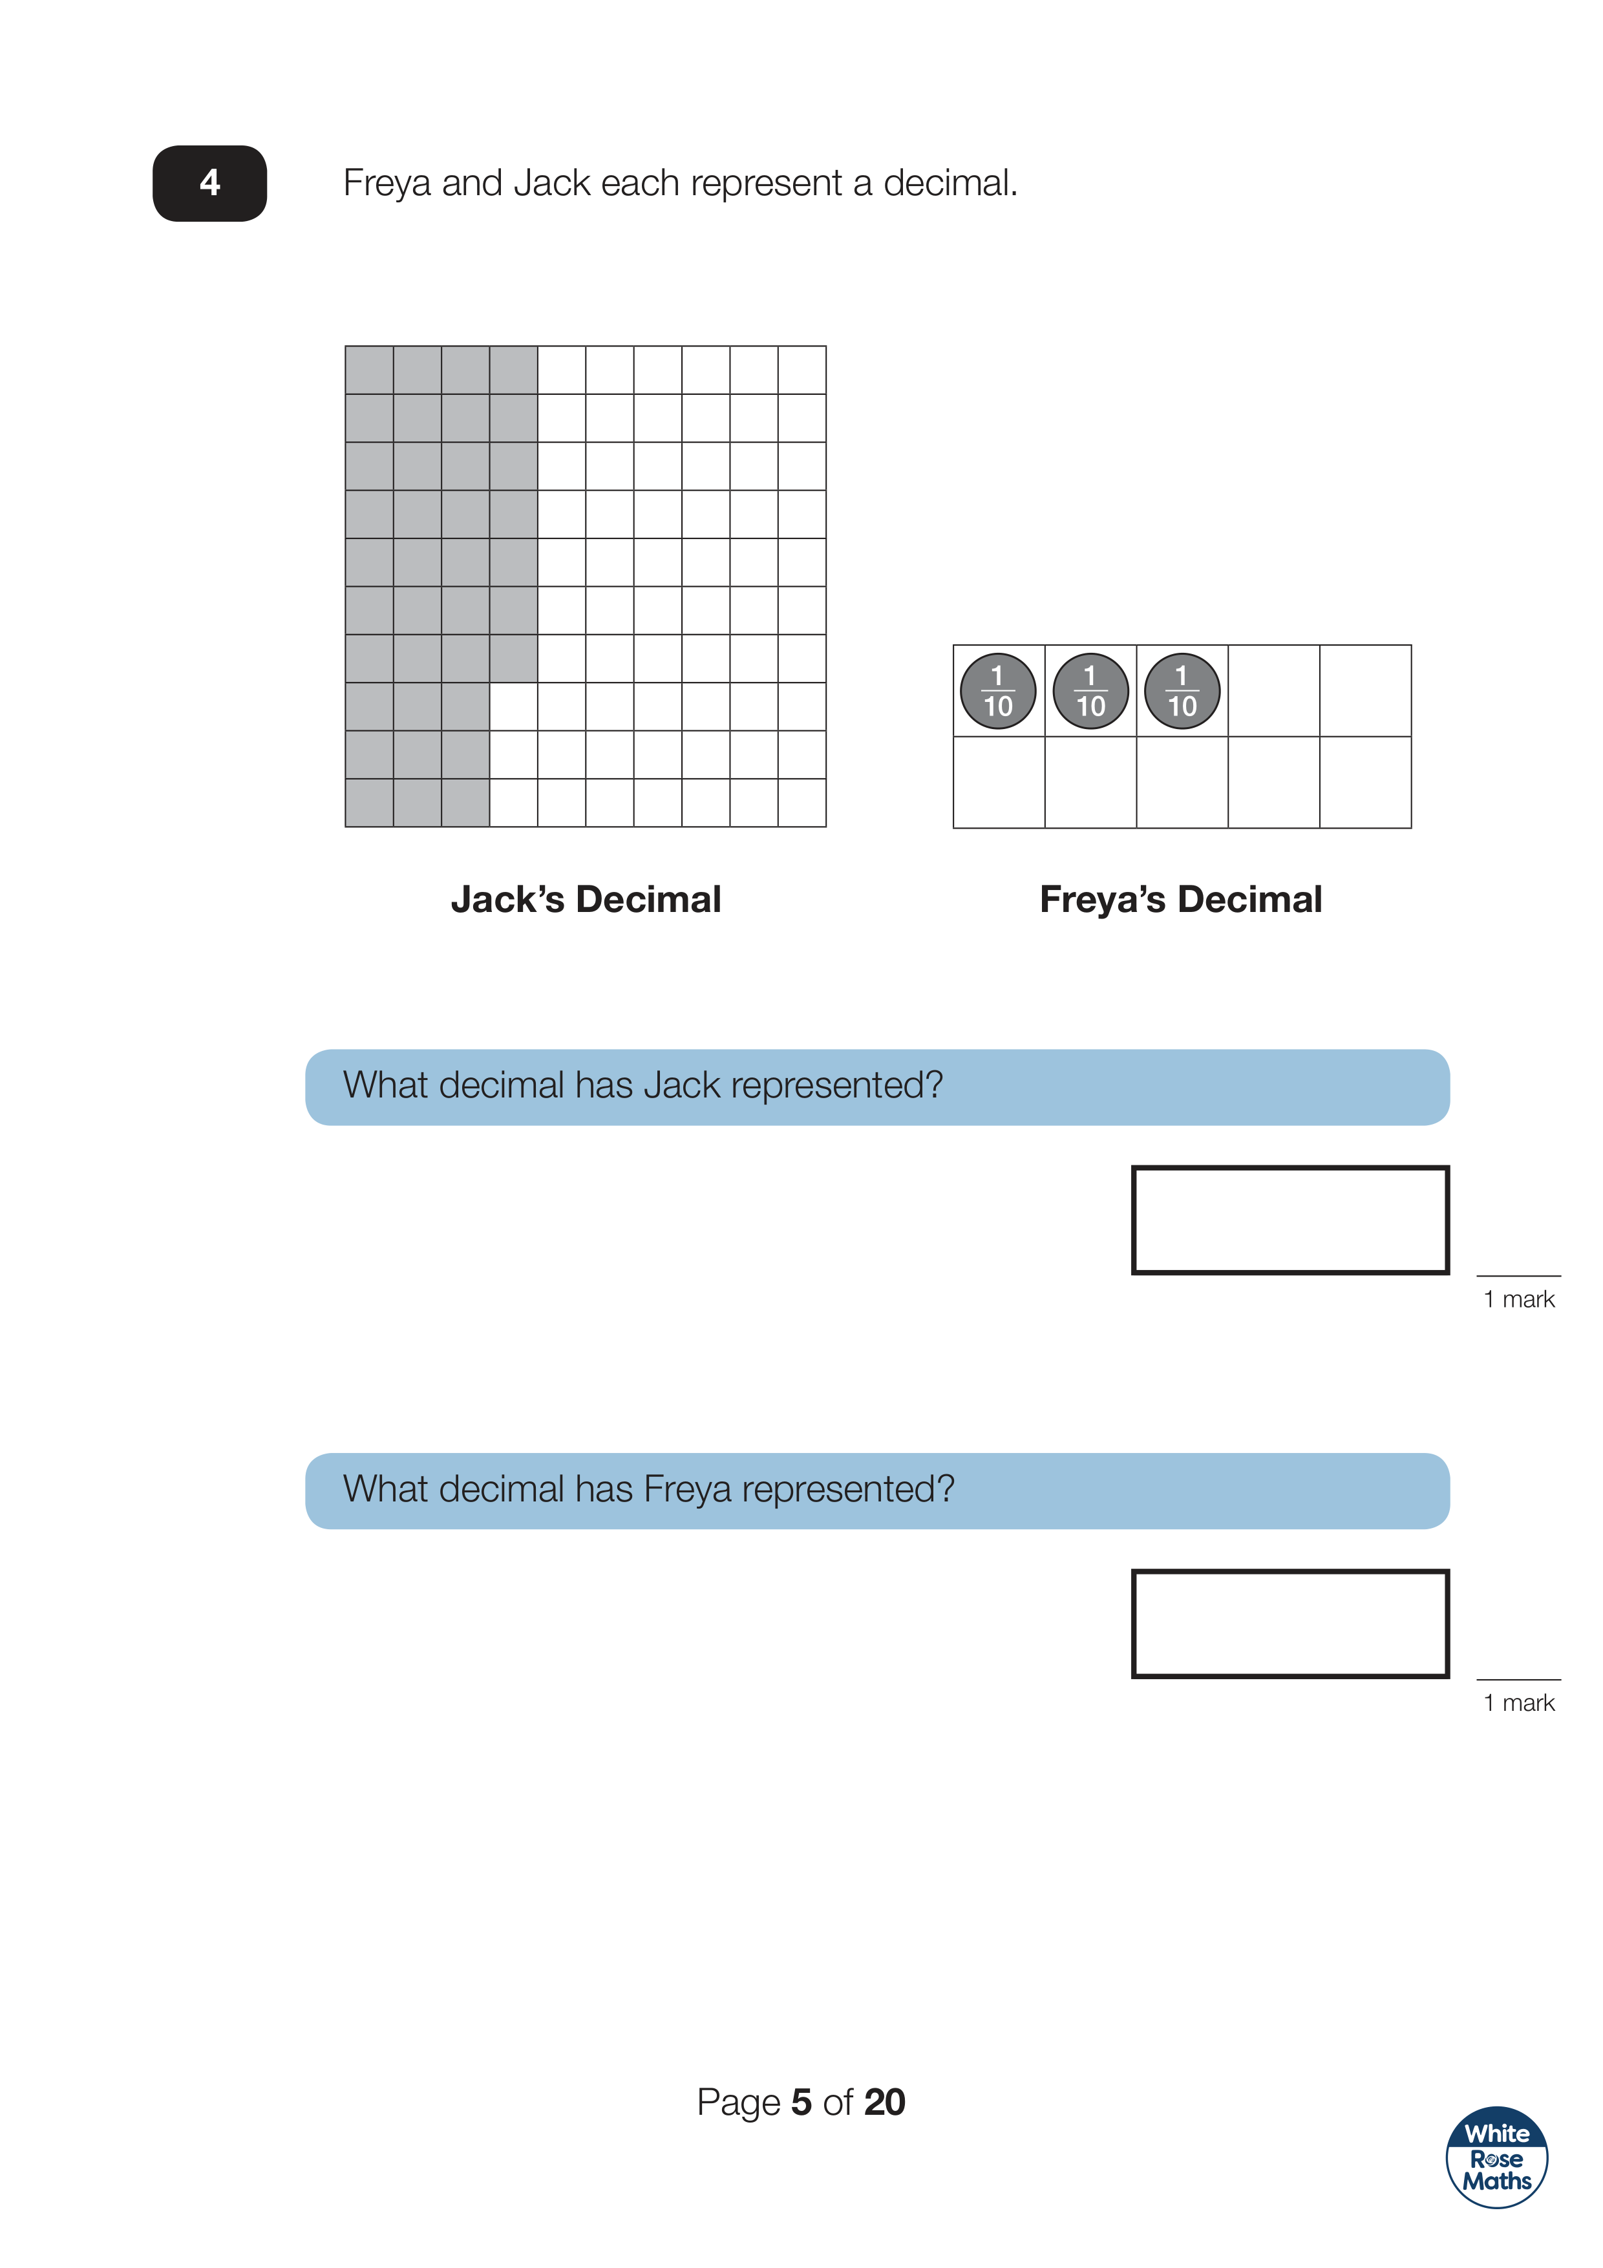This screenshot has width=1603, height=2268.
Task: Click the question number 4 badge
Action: pos(209,183)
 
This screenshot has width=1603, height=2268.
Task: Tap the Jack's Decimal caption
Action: pos(586,899)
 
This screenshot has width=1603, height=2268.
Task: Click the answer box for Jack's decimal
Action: pos(1290,1220)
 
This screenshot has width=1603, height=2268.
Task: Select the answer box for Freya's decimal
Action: pos(1290,1623)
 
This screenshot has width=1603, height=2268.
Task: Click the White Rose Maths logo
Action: pos(1496,2157)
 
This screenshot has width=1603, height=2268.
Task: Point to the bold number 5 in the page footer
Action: pos(801,2102)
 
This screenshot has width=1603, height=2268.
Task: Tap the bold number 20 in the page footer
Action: pos(884,2102)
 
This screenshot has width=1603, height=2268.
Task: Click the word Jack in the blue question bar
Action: pos(681,1086)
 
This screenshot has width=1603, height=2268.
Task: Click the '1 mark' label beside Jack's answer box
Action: pos(1519,1299)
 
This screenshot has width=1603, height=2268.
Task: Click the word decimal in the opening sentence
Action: pos(950,183)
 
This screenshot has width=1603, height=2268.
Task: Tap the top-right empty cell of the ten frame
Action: pos(1365,690)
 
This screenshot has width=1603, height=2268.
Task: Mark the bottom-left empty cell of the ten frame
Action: pos(999,782)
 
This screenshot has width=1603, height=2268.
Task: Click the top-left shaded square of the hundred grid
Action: pos(369,370)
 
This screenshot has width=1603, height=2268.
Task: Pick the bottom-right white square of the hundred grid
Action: pos(802,803)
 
